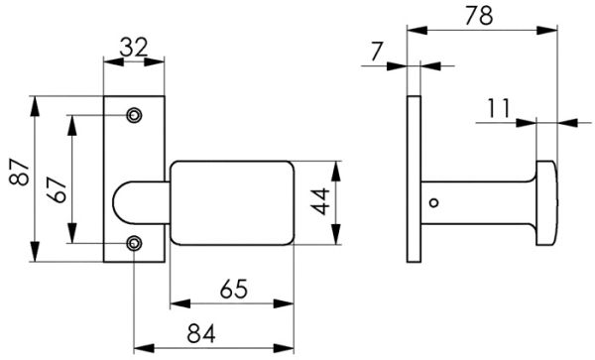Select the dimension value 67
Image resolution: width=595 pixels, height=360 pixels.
(57, 179)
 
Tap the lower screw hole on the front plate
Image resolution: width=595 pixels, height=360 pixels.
(134, 242)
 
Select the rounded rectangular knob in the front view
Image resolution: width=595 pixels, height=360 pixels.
(232, 202)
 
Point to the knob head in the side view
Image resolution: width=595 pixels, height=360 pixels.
(546, 202)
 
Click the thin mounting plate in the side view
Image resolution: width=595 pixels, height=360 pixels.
(414, 179)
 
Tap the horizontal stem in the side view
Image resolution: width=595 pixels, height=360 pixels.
(476, 202)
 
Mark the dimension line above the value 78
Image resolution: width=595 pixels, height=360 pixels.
(482, 32)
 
